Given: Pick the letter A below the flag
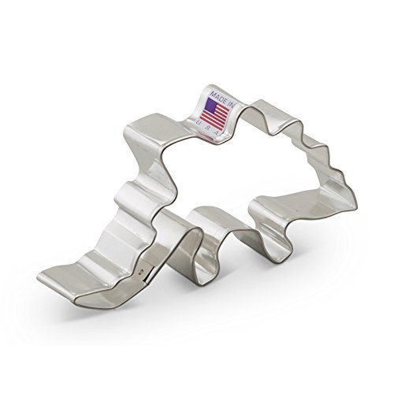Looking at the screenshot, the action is click(217, 133).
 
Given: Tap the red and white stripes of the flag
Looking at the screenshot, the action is click(215, 116).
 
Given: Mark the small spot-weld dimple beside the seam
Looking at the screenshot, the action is click(142, 271).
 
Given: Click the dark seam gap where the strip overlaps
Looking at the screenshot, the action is click(149, 276).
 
